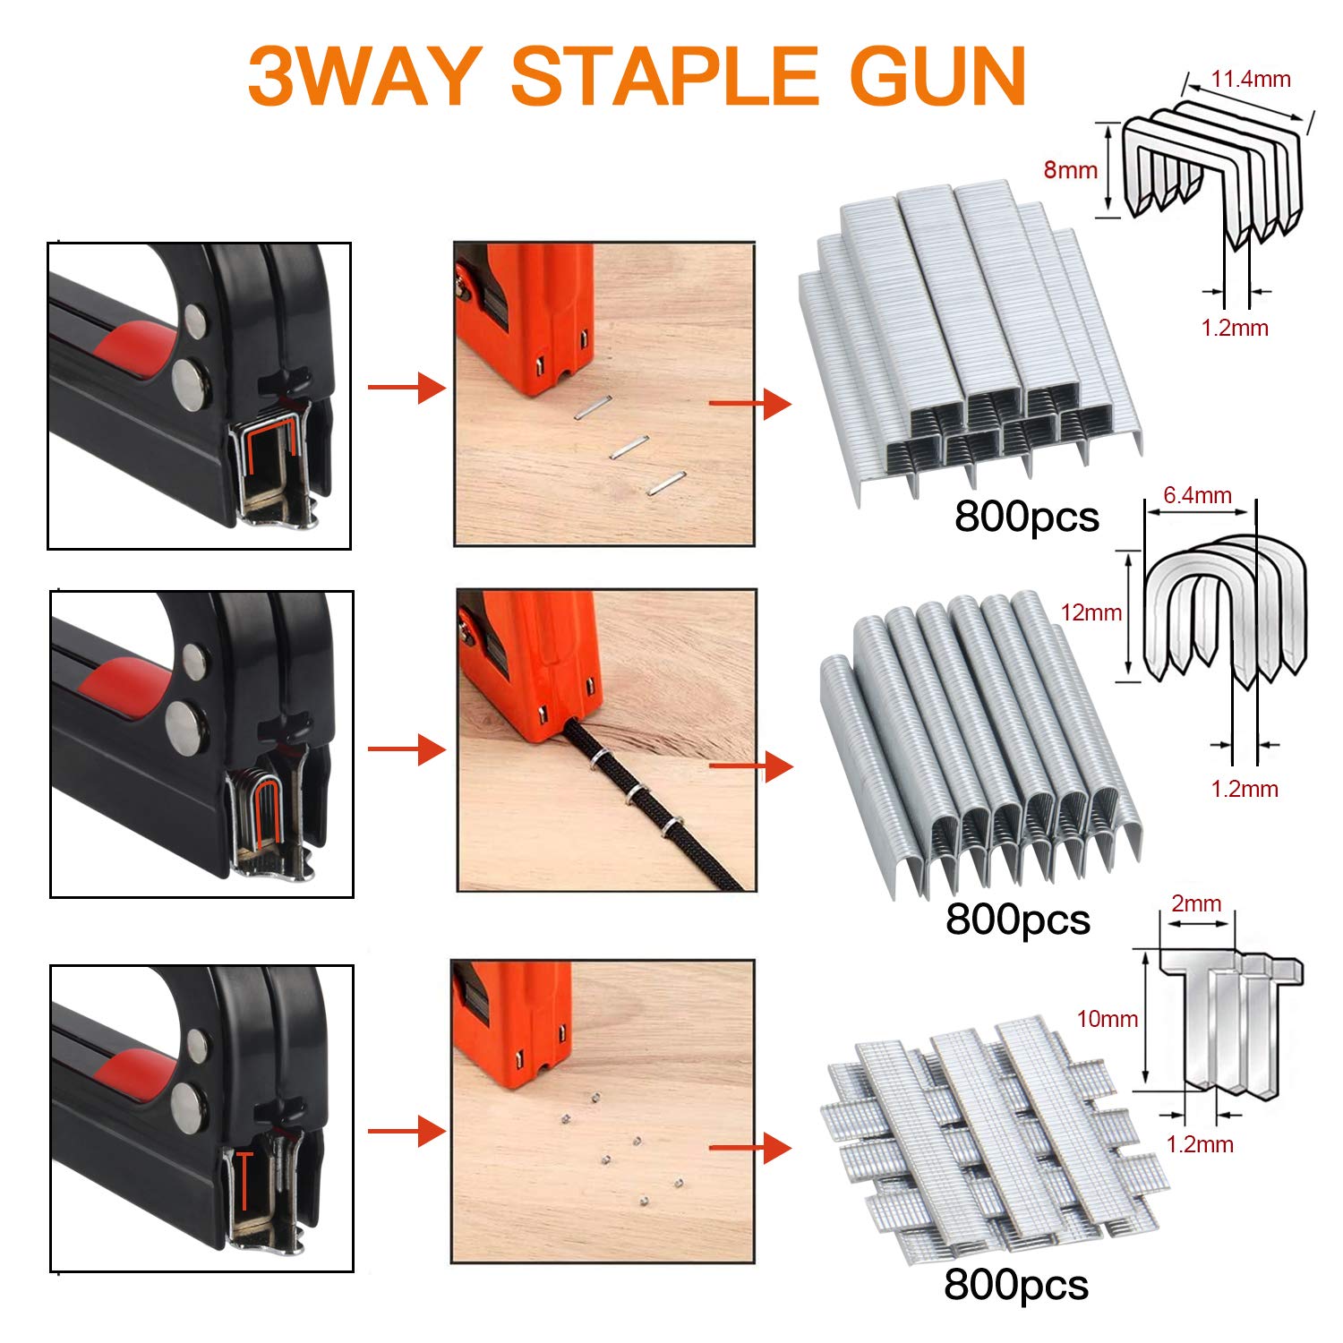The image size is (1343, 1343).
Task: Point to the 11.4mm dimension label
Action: click(x=1251, y=79)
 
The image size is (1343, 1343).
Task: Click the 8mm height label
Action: click(x=1070, y=169)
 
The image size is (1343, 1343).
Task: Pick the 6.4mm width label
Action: click(x=1197, y=495)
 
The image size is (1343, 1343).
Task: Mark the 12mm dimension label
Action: click(x=1091, y=612)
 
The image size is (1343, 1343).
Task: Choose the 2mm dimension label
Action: click(x=1196, y=903)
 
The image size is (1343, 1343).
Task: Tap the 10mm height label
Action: click(x=1107, y=1018)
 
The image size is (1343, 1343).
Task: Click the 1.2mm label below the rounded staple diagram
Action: click(x=1244, y=789)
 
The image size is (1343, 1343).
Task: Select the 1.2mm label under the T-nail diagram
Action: click(x=1200, y=1143)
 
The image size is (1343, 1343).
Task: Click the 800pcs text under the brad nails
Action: click(x=1015, y=1285)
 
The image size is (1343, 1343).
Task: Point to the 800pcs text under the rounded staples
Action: click(x=1017, y=920)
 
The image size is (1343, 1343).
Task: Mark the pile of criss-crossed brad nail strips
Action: click(x=985, y=1137)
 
